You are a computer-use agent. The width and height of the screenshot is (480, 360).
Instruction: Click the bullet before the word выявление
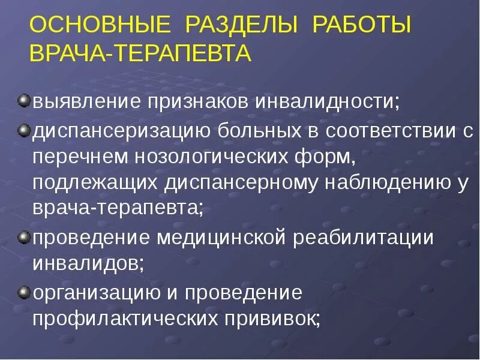[x=23, y=98]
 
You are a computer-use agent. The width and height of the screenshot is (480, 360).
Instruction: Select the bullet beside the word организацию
[x=23, y=292]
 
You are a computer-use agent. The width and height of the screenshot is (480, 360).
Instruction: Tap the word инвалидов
[x=87, y=263]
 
